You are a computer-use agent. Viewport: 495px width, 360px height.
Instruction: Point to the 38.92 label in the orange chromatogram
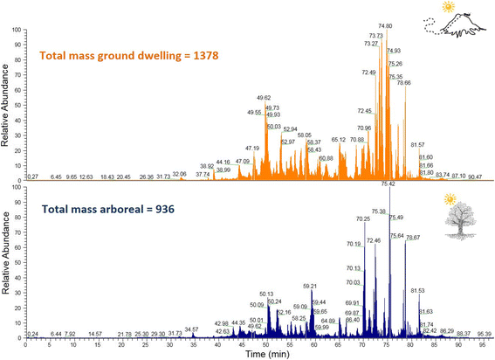[207, 165]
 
